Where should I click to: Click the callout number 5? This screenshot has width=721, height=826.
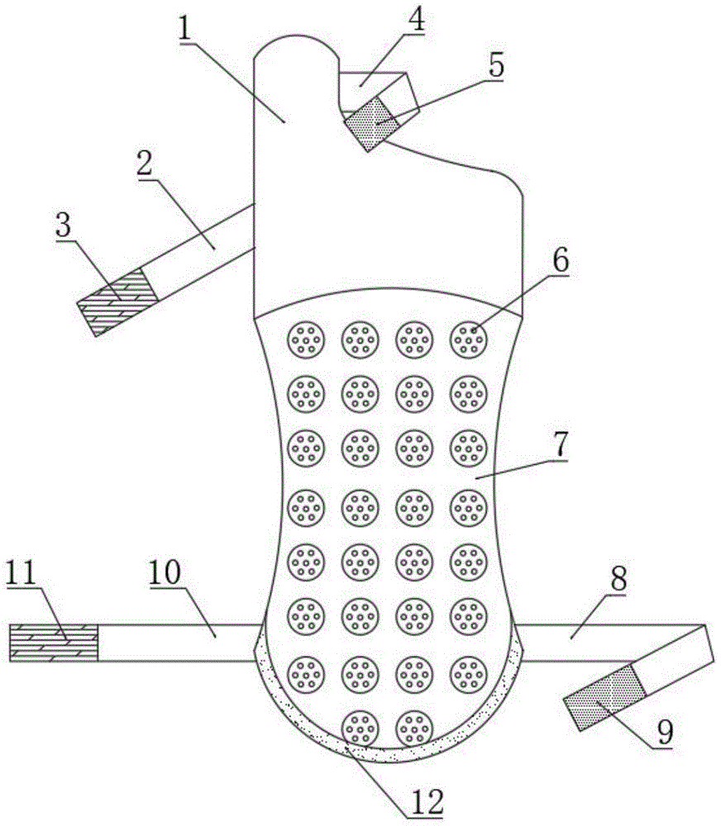[x=496, y=67]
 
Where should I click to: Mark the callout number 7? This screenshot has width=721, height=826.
[x=560, y=445]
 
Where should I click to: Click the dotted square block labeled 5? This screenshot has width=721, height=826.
[x=371, y=122]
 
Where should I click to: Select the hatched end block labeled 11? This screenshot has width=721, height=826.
[x=54, y=643]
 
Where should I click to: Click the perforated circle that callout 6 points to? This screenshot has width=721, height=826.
[x=469, y=338]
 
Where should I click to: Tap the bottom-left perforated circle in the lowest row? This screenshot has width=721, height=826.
[x=360, y=728]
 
